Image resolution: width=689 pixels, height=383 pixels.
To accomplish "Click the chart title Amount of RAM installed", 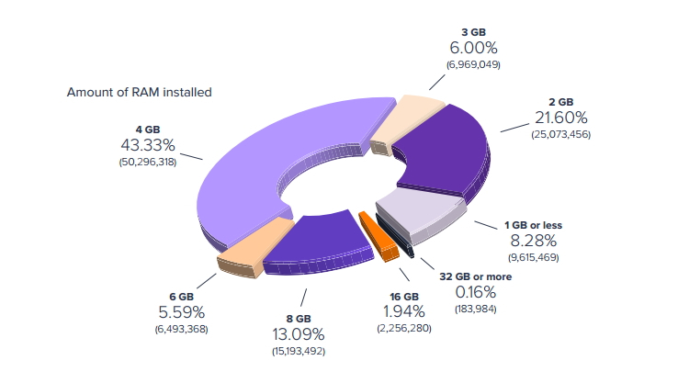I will pos(140,92).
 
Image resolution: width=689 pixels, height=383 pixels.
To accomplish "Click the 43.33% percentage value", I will pos(148,145).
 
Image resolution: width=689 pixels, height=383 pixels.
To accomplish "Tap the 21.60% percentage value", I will pos(560,118).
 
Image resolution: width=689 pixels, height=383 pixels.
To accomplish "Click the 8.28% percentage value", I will pos(534,242).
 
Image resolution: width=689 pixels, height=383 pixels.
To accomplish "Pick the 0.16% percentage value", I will pos(476,292).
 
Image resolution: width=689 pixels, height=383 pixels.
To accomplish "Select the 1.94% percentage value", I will pos(398,313).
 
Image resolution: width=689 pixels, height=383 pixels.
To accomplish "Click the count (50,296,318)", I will pos(148,162).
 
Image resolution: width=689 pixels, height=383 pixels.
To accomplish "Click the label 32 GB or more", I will pos(476,276).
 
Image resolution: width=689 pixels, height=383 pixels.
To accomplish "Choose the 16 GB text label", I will pos(399,298).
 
